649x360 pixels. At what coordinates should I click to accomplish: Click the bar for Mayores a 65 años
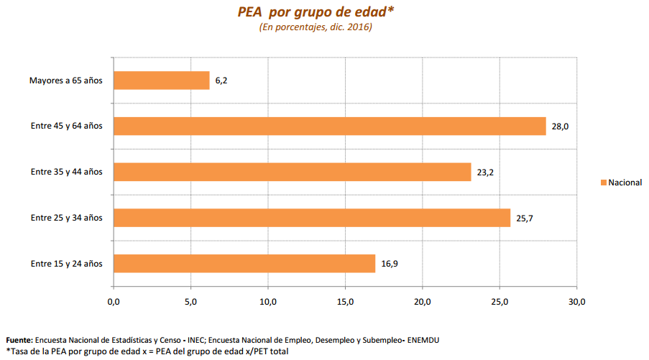tap(161, 80)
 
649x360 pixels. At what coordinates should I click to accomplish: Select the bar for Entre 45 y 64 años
tap(329, 126)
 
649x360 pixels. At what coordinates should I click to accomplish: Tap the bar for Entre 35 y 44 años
tap(292, 172)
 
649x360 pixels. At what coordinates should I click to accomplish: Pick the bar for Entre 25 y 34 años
tap(311, 218)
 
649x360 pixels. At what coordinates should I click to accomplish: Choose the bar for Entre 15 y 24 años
tap(244, 264)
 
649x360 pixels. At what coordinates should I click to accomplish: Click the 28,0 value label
tap(561, 126)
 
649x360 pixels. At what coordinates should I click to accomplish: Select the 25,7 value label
tap(524, 218)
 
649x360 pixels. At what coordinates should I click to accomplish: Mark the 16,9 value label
tap(389, 264)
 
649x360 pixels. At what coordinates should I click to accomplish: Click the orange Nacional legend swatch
tap(603, 183)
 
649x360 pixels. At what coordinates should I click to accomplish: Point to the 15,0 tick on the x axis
tap(345, 302)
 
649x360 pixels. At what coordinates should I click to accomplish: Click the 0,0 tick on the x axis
tap(114, 302)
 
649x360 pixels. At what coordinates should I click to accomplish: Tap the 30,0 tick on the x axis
tap(577, 302)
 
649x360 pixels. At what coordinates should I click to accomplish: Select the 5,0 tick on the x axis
tap(190, 302)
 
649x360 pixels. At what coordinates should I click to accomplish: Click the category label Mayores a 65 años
tap(66, 80)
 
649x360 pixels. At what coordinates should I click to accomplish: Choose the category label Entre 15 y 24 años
tap(66, 264)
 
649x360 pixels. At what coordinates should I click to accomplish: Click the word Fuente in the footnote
tap(19, 339)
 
